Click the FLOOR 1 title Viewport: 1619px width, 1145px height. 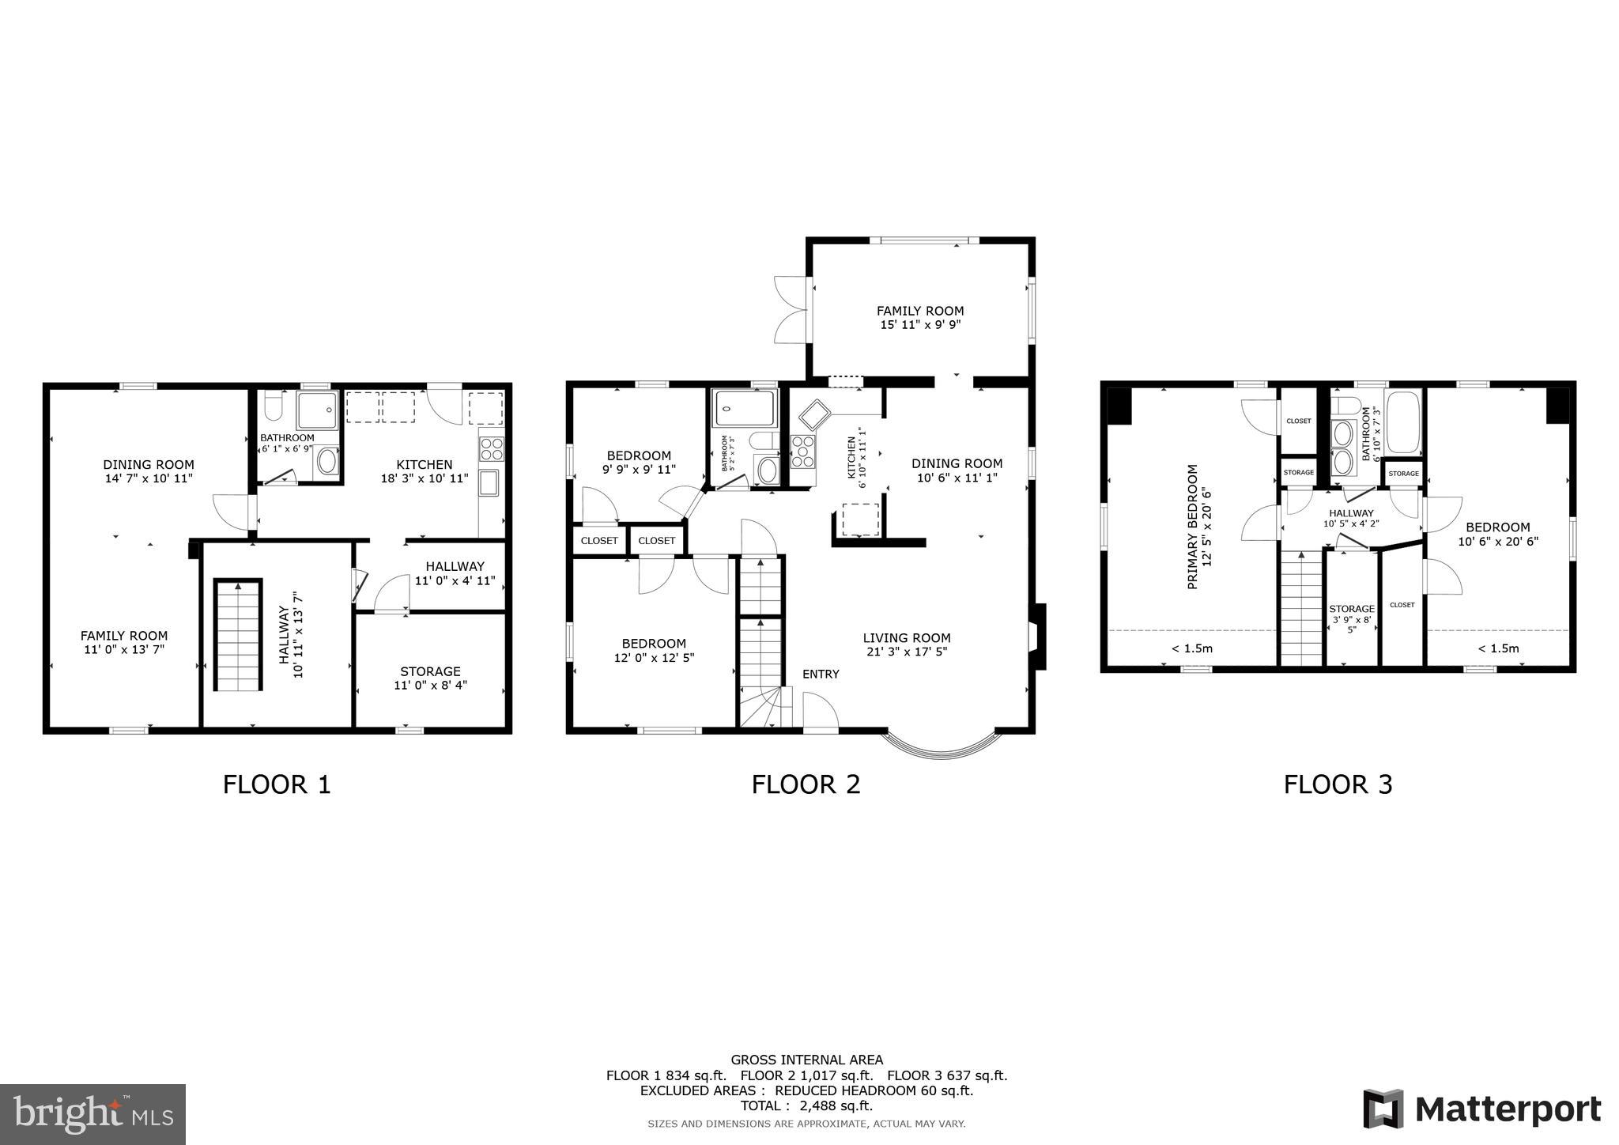click(x=277, y=784)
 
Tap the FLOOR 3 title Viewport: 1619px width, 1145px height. click(x=1338, y=784)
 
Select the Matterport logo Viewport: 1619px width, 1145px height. click(x=1482, y=1109)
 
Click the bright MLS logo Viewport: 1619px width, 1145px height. click(x=92, y=1114)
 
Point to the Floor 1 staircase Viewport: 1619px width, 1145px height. click(x=238, y=635)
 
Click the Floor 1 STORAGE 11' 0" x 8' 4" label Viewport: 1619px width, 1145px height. click(x=430, y=678)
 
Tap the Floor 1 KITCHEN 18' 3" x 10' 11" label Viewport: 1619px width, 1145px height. click(x=425, y=471)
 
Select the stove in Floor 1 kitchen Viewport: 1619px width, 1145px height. click(x=491, y=449)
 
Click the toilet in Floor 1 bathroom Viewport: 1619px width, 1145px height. click(x=273, y=406)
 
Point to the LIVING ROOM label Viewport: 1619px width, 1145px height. click(x=906, y=644)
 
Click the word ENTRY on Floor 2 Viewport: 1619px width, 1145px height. click(x=821, y=674)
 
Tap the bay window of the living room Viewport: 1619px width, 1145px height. click(x=941, y=747)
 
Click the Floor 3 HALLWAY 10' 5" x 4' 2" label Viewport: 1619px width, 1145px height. click(x=1351, y=518)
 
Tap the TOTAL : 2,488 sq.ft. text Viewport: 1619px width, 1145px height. click(x=806, y=1105)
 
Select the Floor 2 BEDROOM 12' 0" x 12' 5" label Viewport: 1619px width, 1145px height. click(x=654, y=650)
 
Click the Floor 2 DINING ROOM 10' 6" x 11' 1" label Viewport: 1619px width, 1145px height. click(x=957, y=470)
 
